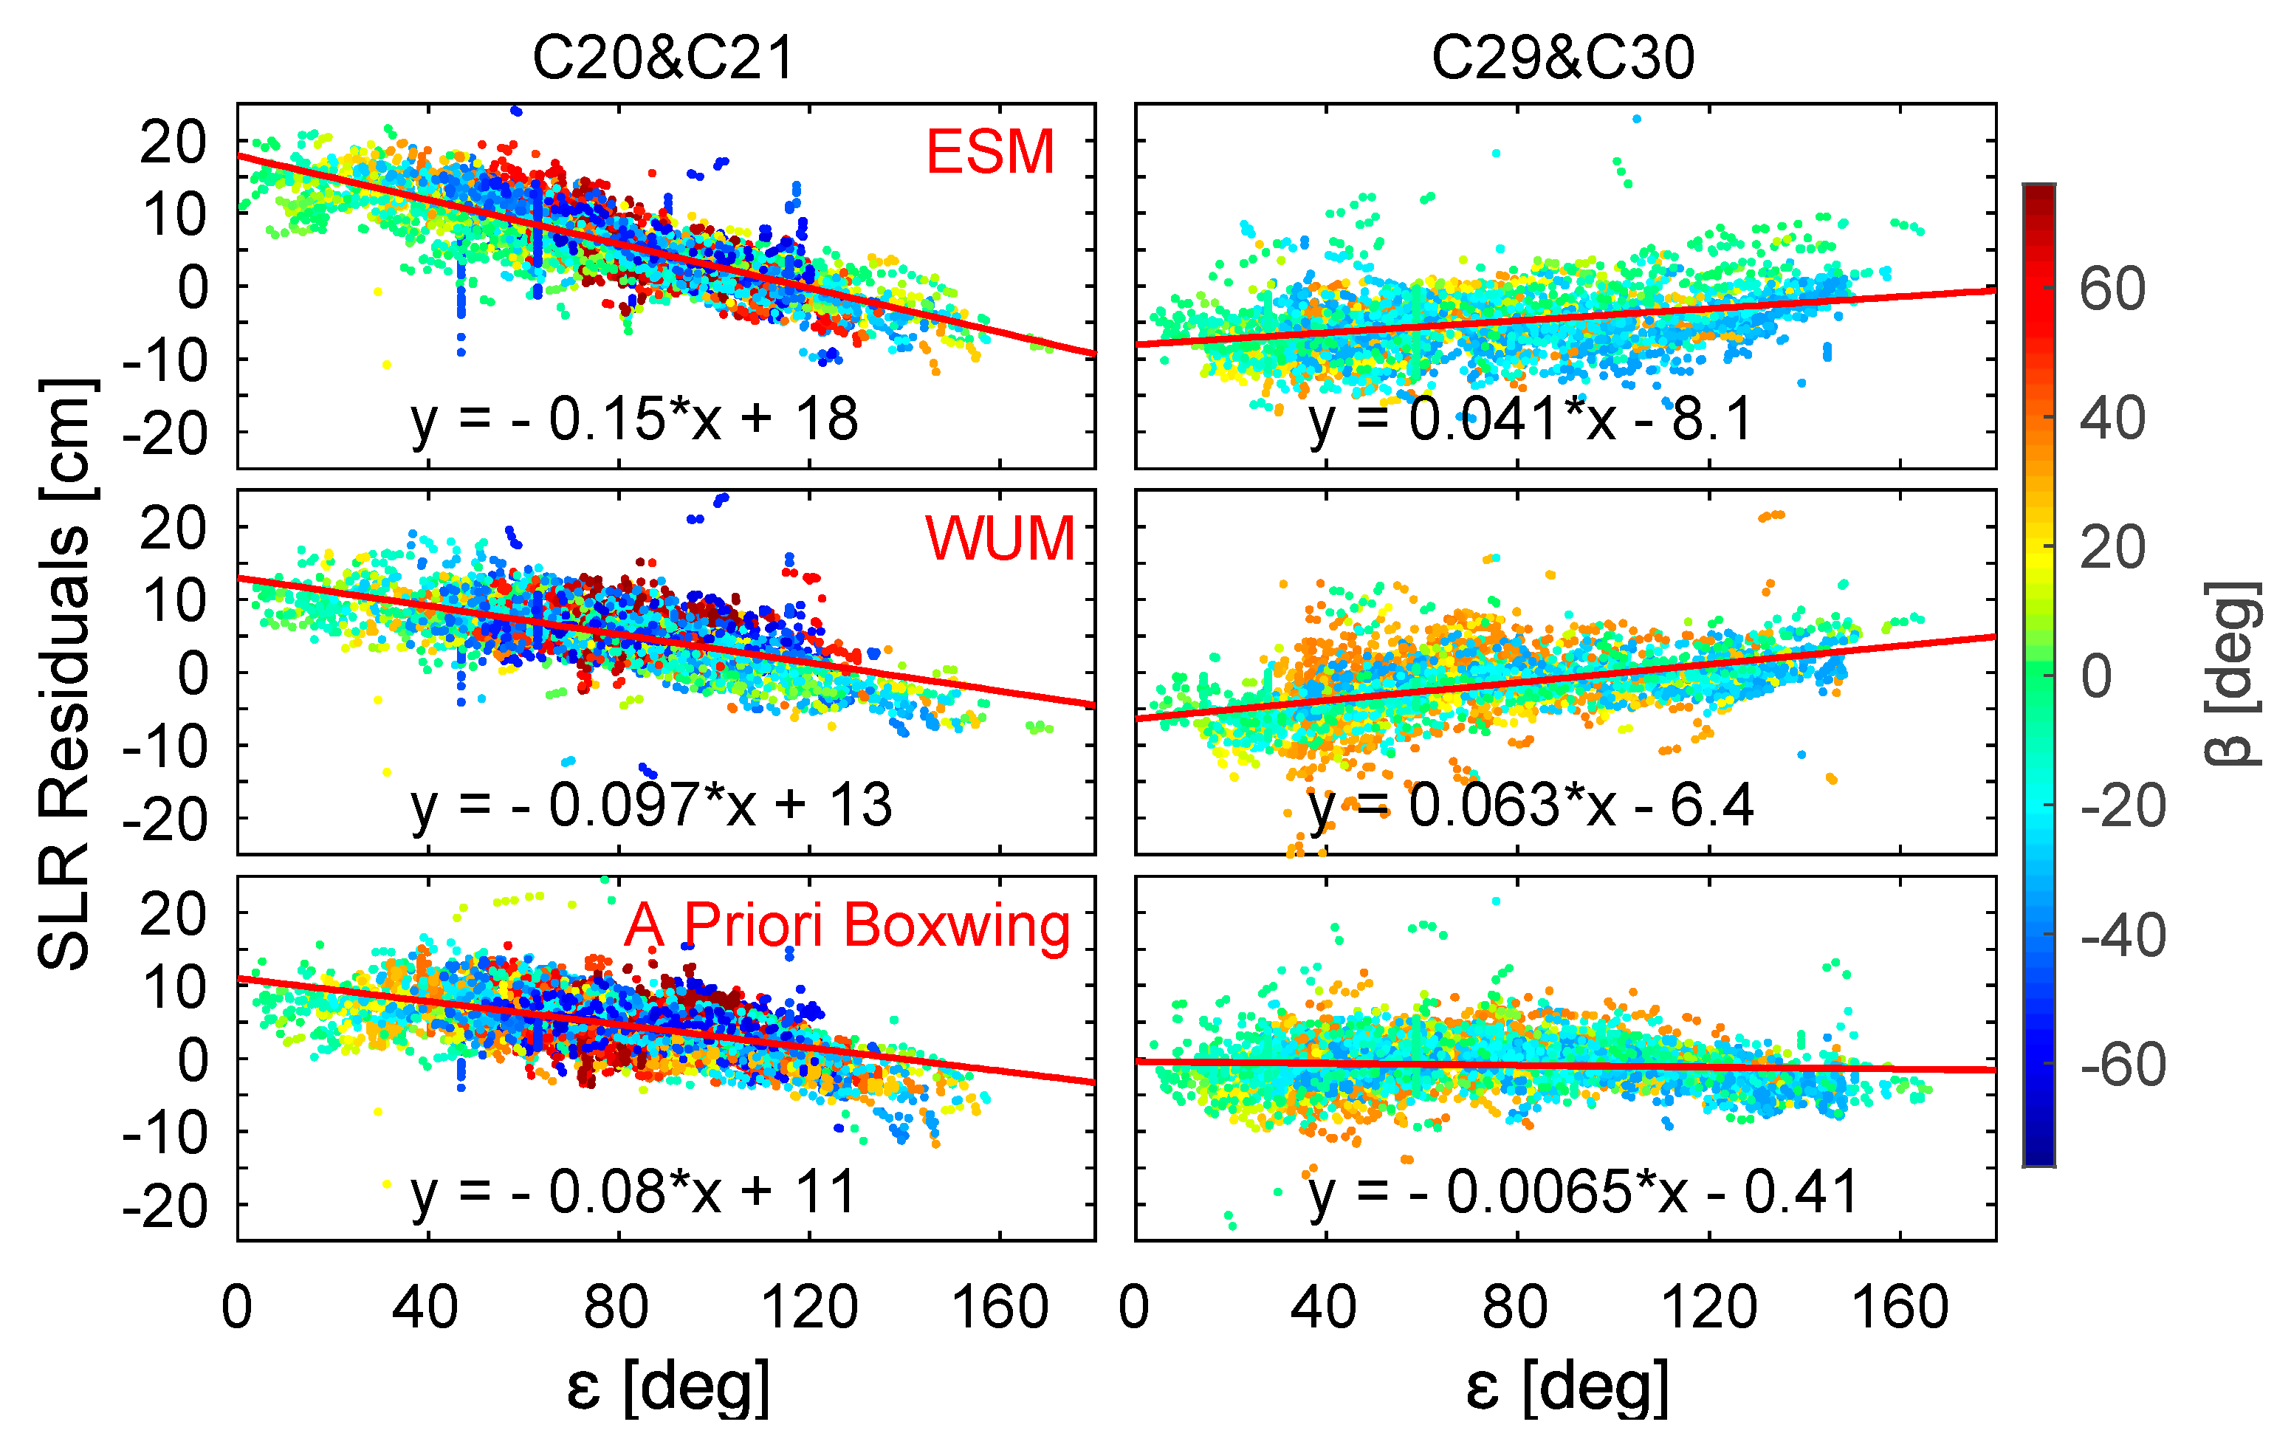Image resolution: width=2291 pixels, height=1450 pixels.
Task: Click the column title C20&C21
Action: (663, 58)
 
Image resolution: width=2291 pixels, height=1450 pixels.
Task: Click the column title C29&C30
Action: (1562, 58)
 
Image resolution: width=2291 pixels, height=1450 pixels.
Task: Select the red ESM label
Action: (989, 151)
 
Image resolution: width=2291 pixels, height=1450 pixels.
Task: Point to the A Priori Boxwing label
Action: (847, 925)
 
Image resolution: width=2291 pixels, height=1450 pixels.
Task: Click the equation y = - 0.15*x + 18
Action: (635, 419)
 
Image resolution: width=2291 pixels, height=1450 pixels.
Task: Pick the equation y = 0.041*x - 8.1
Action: (1530, 419)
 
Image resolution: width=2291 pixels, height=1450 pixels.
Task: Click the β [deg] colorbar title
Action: (2232, 673)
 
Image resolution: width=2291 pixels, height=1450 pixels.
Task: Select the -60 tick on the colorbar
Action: (2122, 1065)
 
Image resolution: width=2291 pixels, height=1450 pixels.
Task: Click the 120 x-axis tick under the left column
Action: (810, 1308)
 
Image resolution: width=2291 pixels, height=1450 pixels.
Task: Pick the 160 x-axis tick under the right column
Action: (1899, 1308)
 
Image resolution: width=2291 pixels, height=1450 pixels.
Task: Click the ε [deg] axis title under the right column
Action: (1567, 1387)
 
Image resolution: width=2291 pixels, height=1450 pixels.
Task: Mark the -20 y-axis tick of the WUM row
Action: (164, 820)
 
